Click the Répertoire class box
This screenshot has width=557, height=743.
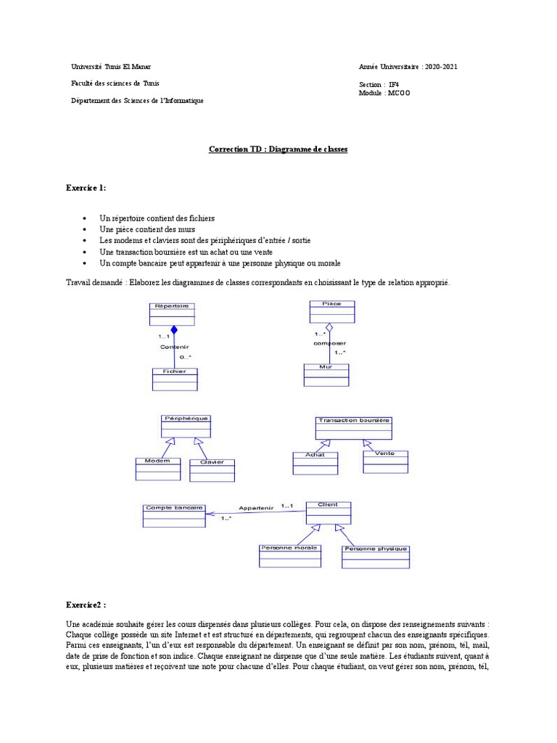click(x=171, y=313)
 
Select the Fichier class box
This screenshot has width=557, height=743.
click(x=174, y=379)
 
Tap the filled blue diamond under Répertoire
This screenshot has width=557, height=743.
click(x=174, y=330)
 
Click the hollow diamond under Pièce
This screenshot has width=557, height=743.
click(x=329, y=327)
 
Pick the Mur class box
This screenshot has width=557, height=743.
click(x=326, y=374)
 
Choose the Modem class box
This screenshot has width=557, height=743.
click(x=157, y=469)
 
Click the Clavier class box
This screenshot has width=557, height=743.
click(x=212, y=470)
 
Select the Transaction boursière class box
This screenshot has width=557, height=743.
click(x=353, y=427)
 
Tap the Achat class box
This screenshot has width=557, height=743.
click(x=315, y=463)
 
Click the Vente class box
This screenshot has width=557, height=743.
click(x=385, y=461)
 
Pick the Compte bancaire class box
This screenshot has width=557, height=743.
click(x=173, y=514)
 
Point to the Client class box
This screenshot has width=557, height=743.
click(x=328, y=512)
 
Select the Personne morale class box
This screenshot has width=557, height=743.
click(x=289, y=555)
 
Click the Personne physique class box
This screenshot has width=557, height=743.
click(x=376, y=557)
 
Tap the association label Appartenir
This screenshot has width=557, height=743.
click(x=255, y=509)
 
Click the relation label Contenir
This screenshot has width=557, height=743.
click(x=174, y=348)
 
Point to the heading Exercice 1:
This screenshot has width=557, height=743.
click(x=86, y=188)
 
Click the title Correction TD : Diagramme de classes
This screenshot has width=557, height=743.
click(x=278, y=149)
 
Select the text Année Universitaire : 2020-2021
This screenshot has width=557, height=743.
click(x=408, y=67)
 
